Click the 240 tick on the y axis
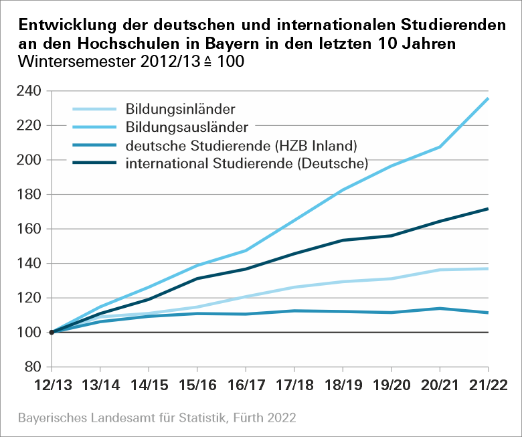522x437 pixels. (29, 90)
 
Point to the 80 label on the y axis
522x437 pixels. (33, 367)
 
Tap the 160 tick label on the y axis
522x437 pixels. (29, 229)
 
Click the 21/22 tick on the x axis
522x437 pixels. (488, 387)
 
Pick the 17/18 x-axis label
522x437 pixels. (294, 387)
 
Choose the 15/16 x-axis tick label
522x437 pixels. (197, 387)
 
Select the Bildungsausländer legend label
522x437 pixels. (187, 126)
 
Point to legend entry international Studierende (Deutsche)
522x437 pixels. (246, 163)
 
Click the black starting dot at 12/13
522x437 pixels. (52, 332)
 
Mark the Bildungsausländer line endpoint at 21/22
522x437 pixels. (488, 98)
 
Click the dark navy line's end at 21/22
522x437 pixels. (488, 209)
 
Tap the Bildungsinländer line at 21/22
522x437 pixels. (488, 269)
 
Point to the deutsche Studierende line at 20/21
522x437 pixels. (440, 309)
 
